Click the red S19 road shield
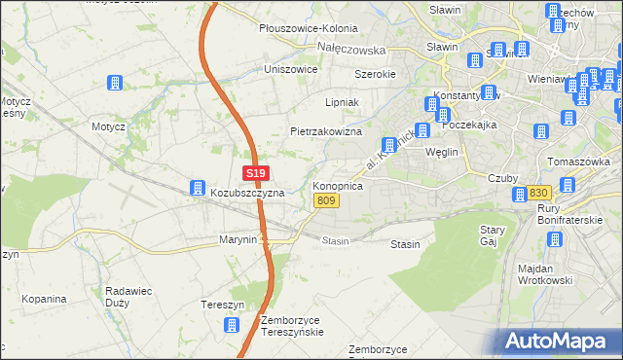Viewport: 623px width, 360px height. [x=255, y=173]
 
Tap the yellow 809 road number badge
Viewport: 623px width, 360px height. [x=326, y=200]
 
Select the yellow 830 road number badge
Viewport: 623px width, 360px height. [x=540, y=194]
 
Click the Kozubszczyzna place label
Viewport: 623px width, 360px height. [x=247, y=194]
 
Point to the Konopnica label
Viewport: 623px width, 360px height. [x=338, y=185]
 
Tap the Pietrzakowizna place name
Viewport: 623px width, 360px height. [x=326, y=131]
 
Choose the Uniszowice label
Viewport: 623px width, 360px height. [x=291, y=70]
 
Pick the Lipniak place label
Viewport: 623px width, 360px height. [x=343, y=102]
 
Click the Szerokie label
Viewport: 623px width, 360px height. [x=374, y=74]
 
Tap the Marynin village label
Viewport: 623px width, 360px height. [x=238, y=239]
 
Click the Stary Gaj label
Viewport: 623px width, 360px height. [x=493, y=235]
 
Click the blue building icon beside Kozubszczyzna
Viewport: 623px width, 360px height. [x=197, y=186]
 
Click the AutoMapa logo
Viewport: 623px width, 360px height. [x=560, y=342]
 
